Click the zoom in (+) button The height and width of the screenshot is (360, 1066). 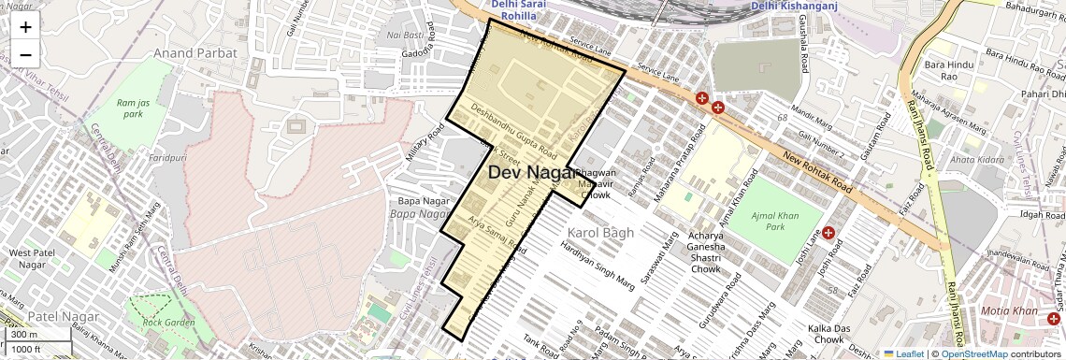tap(25, 26)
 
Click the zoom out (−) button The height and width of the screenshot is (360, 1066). tap(25, 54)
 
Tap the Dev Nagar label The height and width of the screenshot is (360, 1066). tap(530, 172)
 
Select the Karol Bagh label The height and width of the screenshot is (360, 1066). tap(600, 232)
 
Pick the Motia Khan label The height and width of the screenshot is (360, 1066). tap(1008, 310)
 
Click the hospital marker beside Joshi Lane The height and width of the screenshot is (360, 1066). tap(828, 232)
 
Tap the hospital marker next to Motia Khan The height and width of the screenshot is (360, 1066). tap(1054, 320)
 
